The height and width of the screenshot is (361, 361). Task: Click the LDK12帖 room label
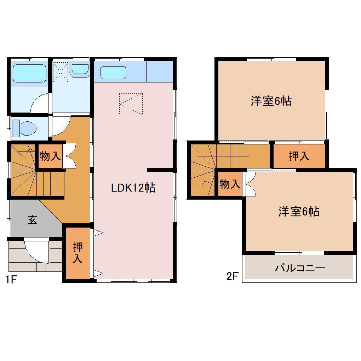133,188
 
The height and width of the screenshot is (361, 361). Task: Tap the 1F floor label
11,279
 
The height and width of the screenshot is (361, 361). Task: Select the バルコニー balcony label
300,268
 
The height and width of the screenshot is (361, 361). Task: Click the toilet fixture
24,128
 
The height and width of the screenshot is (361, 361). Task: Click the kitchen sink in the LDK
113,73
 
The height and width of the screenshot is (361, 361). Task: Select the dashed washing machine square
60,72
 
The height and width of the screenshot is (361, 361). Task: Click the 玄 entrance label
32,220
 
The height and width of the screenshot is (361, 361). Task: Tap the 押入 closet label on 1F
77,253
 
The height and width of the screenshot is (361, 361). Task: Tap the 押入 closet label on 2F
299,156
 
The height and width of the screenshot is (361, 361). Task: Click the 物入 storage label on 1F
50,155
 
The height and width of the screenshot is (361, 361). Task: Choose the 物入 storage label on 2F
230,184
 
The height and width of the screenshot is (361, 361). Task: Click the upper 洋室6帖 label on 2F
271,101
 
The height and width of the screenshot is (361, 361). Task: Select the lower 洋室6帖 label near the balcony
299,211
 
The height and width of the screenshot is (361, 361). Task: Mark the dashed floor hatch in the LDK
131,104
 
